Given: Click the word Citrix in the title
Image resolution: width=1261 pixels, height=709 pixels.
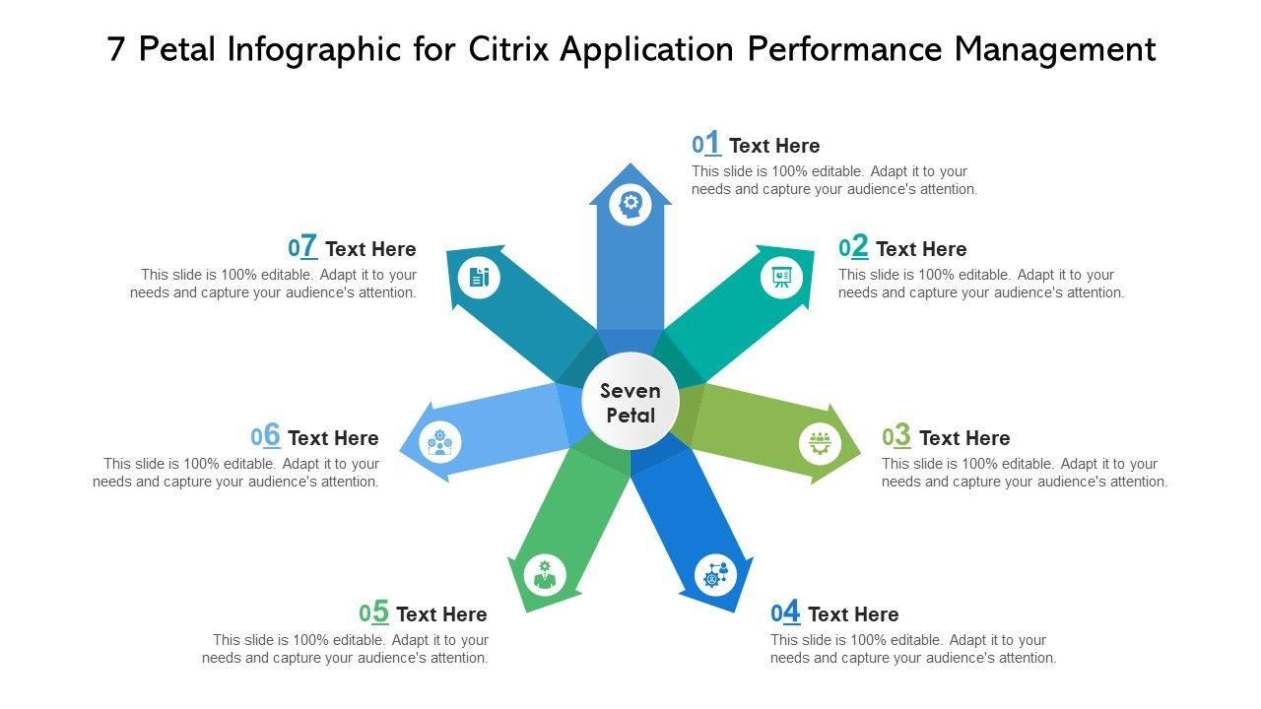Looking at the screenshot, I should tap(508, 49).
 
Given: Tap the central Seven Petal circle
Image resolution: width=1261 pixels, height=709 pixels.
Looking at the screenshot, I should tap(630, 403).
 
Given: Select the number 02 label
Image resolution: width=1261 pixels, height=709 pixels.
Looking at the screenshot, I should tap(854, 247).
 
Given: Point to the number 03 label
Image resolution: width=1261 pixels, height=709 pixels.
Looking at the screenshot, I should tap(896, 436).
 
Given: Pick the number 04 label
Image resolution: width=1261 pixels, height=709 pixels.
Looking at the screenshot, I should tap(785, 612).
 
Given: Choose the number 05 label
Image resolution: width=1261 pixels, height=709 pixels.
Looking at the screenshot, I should tap(374, 612).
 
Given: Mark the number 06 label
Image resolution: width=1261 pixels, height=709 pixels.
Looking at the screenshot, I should tap(266, 436).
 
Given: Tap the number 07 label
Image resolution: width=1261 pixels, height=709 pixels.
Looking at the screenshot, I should tap(302, 247).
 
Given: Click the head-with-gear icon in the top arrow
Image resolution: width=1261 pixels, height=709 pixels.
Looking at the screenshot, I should tap(630, 205).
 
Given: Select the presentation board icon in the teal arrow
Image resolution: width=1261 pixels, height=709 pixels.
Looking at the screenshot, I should tap(781, 277).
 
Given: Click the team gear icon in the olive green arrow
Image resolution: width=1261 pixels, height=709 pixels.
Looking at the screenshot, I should tap(820, 442).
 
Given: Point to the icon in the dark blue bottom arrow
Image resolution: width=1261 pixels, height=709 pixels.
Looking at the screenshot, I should tap(715, 575).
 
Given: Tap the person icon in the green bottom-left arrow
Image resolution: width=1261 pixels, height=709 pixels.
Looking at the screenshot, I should tap(545, 573).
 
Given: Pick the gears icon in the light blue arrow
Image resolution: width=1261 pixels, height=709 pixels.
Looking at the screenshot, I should tap(440, 442).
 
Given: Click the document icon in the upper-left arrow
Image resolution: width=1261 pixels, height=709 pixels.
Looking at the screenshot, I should tap(480, 277).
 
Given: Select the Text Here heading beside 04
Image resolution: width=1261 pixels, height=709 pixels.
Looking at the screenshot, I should tap(853, 614).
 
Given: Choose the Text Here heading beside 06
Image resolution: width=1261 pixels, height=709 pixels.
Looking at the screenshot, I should tap(333, 438).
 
